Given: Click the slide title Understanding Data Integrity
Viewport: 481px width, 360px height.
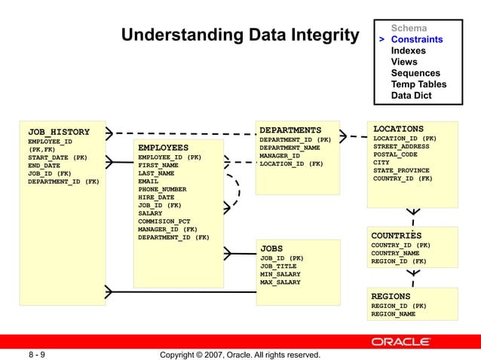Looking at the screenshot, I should pyautogui.click(x=240, y=35).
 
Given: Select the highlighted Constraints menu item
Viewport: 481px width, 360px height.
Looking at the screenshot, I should pyautogui.click(x=416, y=39).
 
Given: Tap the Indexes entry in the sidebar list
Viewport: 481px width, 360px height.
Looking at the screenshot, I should pyautogui.click(x=408, y=50).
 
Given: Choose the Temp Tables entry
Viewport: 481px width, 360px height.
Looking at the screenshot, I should pyautogui.click(x=418, y=84).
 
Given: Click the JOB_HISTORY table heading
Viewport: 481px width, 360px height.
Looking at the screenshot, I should pyautogui.click(x=59, y=132).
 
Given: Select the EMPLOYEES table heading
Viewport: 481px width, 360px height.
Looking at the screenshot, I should pyautogui.click(x=163, y=147).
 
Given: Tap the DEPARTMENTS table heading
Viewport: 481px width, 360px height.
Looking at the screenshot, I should pyautogui.click(x=290, y=130).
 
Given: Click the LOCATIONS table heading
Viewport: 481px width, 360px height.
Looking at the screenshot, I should pyautogui.click(x=398, y=129).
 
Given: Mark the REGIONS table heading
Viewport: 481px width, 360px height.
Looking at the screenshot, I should pyautogui.click(x=391, y=297).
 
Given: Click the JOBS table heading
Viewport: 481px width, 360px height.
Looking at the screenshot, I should pyautogui.click(x=271, y=248).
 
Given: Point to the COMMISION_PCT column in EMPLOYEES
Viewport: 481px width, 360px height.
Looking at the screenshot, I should pyautogui.click(x=164, y=221).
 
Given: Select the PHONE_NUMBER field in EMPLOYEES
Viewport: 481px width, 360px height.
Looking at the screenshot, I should pyautogui.click(x=161, y=189).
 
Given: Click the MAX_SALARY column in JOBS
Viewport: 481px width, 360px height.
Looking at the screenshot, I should pyautogui.click(x=280, y=282).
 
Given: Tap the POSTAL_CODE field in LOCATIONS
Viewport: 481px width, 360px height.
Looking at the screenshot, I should pyautogui.click(x=395, y=154).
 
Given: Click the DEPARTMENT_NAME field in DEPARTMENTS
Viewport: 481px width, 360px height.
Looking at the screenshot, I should pyautogui.click(x=290, y=147).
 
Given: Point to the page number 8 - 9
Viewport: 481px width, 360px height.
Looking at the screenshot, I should pyautogui.click(x=36, y=354).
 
